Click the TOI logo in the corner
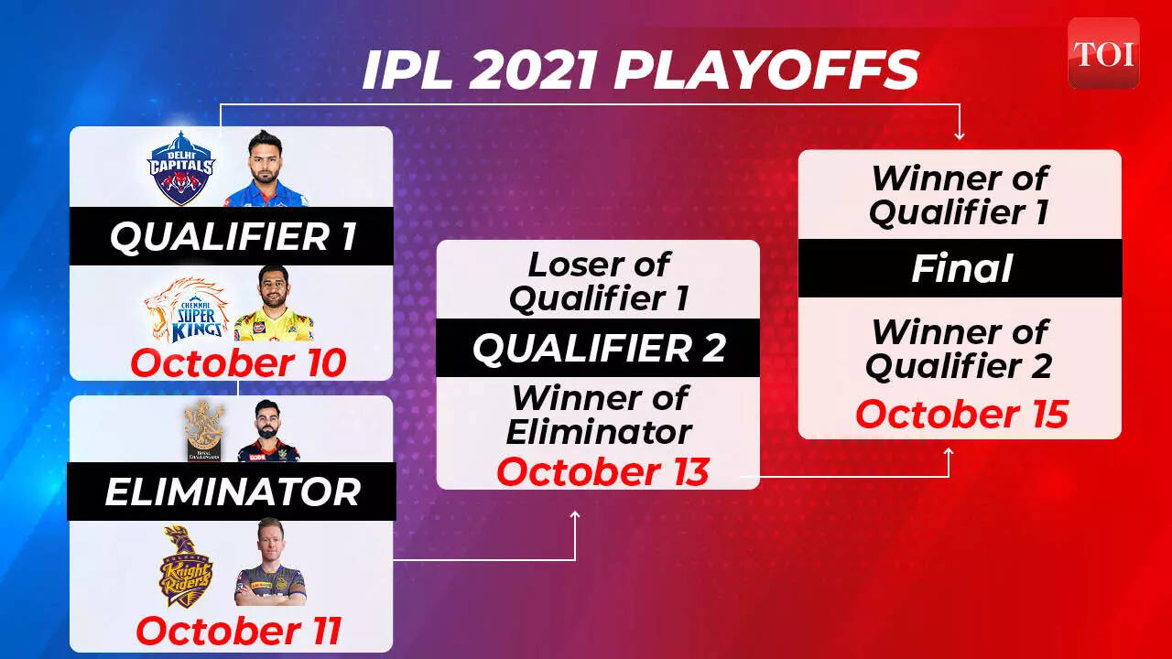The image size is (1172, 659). click(1103, 53)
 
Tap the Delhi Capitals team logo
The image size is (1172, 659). click(181, 167)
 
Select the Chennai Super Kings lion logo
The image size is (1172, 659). click(187, 309)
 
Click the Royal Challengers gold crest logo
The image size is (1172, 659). click(204, 431)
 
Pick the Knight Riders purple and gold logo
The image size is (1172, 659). click(185, 567)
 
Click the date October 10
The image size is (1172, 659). click(238, 362)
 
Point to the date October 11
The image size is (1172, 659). click(239, 631)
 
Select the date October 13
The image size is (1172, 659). click(602, 471)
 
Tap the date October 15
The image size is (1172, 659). click(961, 414)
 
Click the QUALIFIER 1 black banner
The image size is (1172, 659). click(232, 236)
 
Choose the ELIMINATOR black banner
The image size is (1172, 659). click(232, 492)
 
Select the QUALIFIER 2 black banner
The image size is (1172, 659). click(598, 348)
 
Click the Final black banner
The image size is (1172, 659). click(960, 268)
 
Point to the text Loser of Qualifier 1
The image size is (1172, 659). click(599, 281)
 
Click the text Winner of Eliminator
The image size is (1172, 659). click(599, 415)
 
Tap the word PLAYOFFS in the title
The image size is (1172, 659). click(766, 70)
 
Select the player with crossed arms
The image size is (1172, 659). click(270, 562)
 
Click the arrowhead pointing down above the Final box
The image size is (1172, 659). click(959, 136)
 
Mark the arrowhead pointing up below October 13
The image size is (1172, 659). click(575, 515)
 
